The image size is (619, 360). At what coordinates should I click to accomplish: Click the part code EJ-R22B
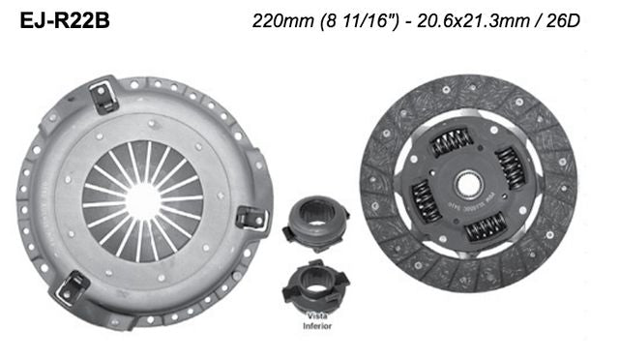63,19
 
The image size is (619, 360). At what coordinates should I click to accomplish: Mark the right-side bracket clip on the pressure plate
250,217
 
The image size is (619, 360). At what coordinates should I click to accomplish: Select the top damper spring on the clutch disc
451,142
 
